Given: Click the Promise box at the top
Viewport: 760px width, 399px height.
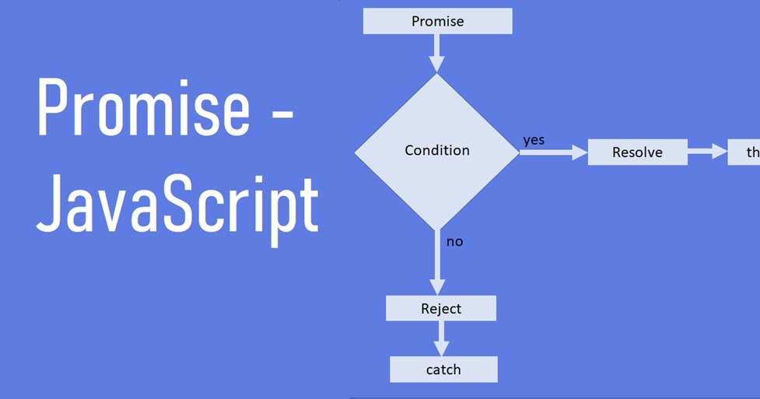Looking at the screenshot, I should pos(437,21).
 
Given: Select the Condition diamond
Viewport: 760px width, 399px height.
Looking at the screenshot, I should pos(436,150).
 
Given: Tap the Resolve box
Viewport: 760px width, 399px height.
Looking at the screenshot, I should pos(637,152).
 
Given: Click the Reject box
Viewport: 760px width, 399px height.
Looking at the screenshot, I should pos(440,309).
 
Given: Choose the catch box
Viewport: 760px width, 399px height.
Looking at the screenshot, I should pos(443,369).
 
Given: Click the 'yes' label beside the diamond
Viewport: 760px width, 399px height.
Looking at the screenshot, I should pos(534,140).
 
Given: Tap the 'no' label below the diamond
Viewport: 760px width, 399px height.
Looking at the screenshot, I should pos(454,241).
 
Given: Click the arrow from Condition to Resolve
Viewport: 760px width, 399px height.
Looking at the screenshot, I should pos(552,152).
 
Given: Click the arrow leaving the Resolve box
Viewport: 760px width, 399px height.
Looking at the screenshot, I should pos(707,152).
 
